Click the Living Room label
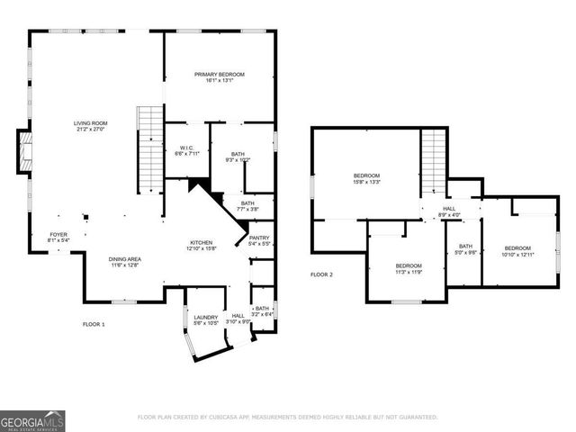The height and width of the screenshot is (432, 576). (90, 123)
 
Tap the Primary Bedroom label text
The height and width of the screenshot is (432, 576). (220, 75)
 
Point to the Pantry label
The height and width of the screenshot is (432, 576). (259, 238)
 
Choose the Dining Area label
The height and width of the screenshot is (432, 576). (126, 259)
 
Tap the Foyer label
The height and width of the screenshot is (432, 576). (58, 234)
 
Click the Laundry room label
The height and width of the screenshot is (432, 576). (206, 317)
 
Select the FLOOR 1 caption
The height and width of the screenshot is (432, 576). (94, 323)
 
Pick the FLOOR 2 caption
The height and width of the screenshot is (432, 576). (321, 274)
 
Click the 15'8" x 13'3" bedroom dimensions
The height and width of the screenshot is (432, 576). (366, 182)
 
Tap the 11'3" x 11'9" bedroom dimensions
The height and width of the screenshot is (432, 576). (409, 272)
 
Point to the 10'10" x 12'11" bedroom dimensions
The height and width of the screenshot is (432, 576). (517, 255)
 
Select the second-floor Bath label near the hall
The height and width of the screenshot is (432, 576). (464, 246)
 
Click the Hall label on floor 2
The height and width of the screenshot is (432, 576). (449, 210)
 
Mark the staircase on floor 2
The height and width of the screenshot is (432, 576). (434, 161)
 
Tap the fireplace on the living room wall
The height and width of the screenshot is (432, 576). (24, 151)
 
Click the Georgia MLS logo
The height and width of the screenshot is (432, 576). (32, 419)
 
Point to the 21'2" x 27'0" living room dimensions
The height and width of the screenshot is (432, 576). (90, 130)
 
